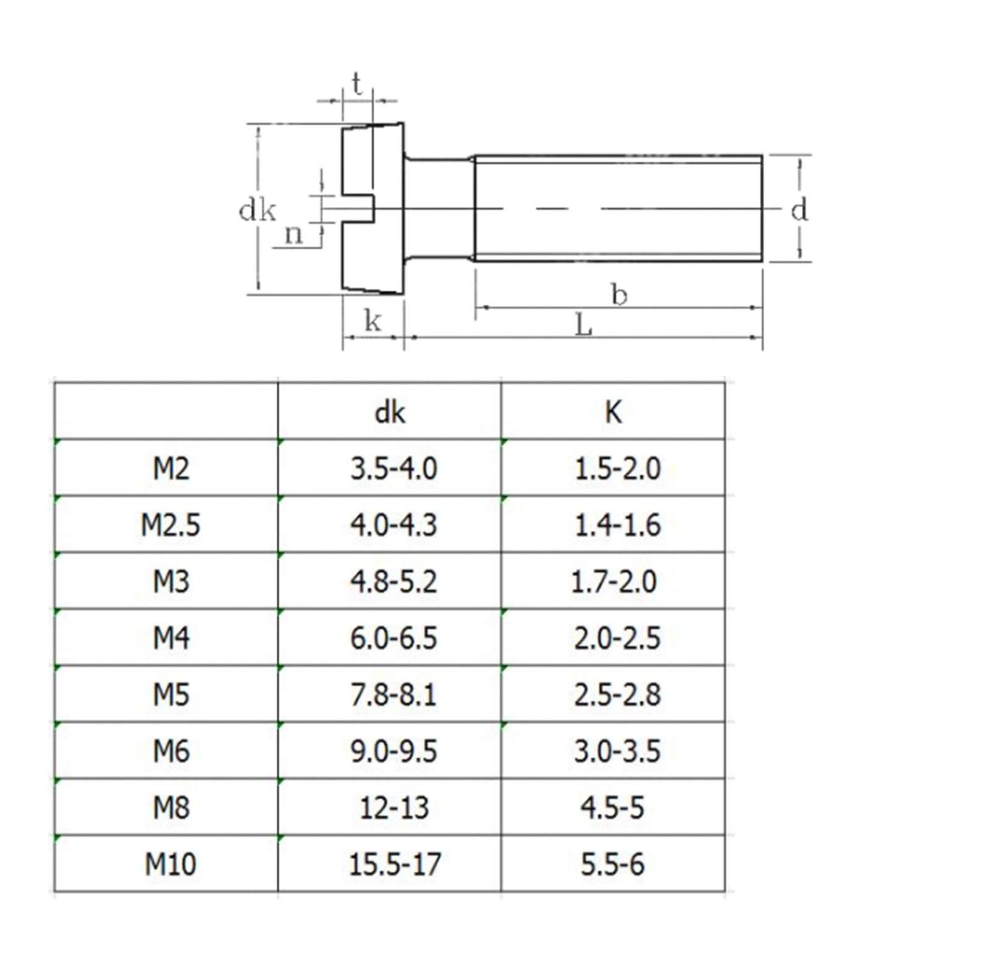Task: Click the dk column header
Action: pyautogui.click(x=390, y=412)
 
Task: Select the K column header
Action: pyautogui.click(x=613, y=412)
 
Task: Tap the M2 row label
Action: pyautogui.click(x=171, y=469)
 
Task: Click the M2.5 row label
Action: pyautogui.click(x=171, y=525)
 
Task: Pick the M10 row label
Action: pyautogui.click(x=171, y=864)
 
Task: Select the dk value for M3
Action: pyautogui.click(x=393, y=582)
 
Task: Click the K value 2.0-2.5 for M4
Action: pyautogui.click(x=617, y=638)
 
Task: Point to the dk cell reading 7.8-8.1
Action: pyautogui.click(x=393, y=695)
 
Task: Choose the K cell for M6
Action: pyautogui.click(x=617, y=751)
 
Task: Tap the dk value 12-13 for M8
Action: pyautogui.click(x=394, y=808)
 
